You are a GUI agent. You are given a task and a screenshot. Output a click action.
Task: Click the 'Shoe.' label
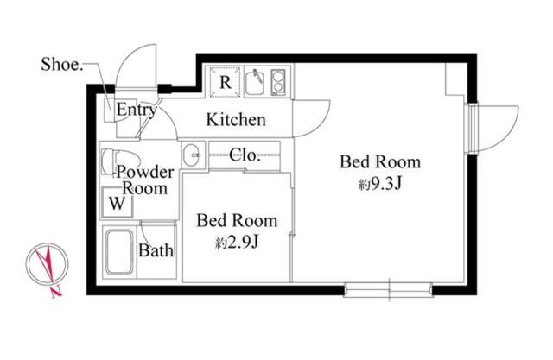62,65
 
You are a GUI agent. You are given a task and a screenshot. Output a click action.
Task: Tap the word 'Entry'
137,110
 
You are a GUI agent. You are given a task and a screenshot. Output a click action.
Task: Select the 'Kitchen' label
236,120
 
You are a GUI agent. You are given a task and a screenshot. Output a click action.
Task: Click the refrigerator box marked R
225,82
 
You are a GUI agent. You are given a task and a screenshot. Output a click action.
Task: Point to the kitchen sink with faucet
255,82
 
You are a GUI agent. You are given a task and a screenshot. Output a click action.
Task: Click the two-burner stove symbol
278,82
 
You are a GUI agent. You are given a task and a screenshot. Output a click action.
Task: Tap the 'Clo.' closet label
245,155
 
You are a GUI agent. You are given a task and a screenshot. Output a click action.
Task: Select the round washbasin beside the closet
192,155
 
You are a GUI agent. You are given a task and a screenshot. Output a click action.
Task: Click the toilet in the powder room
113,161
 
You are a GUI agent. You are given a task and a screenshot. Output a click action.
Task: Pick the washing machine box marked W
118,203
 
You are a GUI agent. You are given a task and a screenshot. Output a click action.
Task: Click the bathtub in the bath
119,252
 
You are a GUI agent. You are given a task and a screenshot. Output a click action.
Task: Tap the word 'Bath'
156,251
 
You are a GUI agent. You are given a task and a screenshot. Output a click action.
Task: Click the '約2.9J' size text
238,243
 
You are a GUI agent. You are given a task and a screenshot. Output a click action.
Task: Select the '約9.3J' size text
380,184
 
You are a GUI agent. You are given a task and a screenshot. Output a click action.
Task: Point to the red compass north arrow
47,263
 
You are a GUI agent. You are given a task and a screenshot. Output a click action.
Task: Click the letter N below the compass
56,292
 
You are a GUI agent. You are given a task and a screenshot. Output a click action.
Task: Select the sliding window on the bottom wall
388,289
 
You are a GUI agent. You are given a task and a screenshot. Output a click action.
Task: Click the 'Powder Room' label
145,180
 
